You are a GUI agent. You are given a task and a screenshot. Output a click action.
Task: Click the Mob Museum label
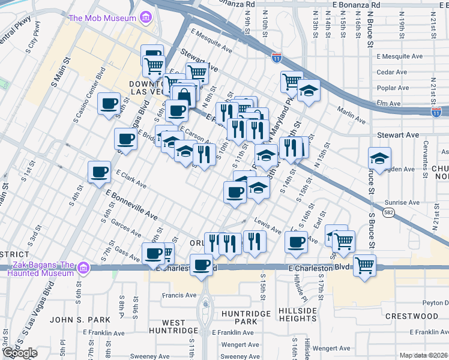pos(102,18)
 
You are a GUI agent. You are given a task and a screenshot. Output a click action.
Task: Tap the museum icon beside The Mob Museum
pos(145,18)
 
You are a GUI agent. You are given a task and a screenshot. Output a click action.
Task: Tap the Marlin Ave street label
pos(351,115)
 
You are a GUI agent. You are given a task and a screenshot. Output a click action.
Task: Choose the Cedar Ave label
pos(392,72)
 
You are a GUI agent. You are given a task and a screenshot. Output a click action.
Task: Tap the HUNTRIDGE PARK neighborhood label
pos(238,317)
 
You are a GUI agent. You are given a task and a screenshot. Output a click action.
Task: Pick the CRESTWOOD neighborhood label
pos(412,316)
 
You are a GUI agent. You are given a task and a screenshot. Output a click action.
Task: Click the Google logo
pos(19,353)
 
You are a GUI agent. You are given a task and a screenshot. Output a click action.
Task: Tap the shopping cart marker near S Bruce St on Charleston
pos(364,265)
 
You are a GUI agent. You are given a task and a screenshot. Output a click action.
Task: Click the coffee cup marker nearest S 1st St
pos(99,172)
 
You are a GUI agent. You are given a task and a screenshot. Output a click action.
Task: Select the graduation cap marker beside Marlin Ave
pos(309,90)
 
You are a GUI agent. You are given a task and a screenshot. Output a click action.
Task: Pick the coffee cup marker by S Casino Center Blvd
pos(109,103)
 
